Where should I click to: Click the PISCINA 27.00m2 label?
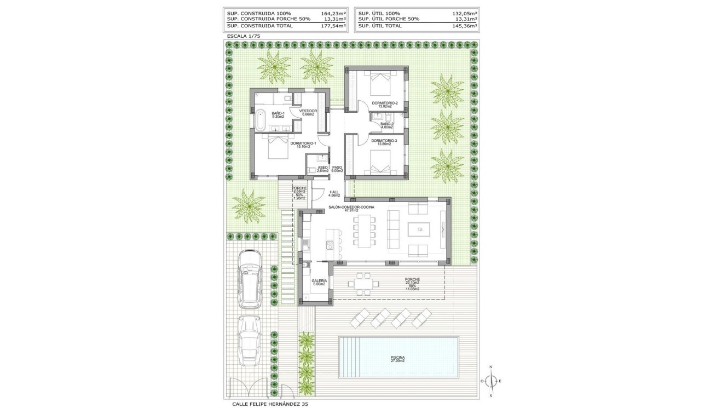pyautogui.click(x=397, y=359)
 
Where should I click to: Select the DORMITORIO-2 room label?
pyautogui.click(x=384, y=104)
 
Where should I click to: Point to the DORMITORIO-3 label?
pyautogui.click(x=384, y=142)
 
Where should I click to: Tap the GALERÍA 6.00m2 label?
pyautogui.click(x=319, y=282)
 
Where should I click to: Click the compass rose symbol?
pyautogui.click(x=490, y=381)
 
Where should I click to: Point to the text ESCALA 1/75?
pyautogui.click(x=244, y=36)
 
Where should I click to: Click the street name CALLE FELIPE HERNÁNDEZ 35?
pyautogui.click(x=270, y=405)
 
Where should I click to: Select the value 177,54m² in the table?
pyautogui.click(x=333, y=26)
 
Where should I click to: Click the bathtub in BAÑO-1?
pyautogui.click(x=261, y=120)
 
